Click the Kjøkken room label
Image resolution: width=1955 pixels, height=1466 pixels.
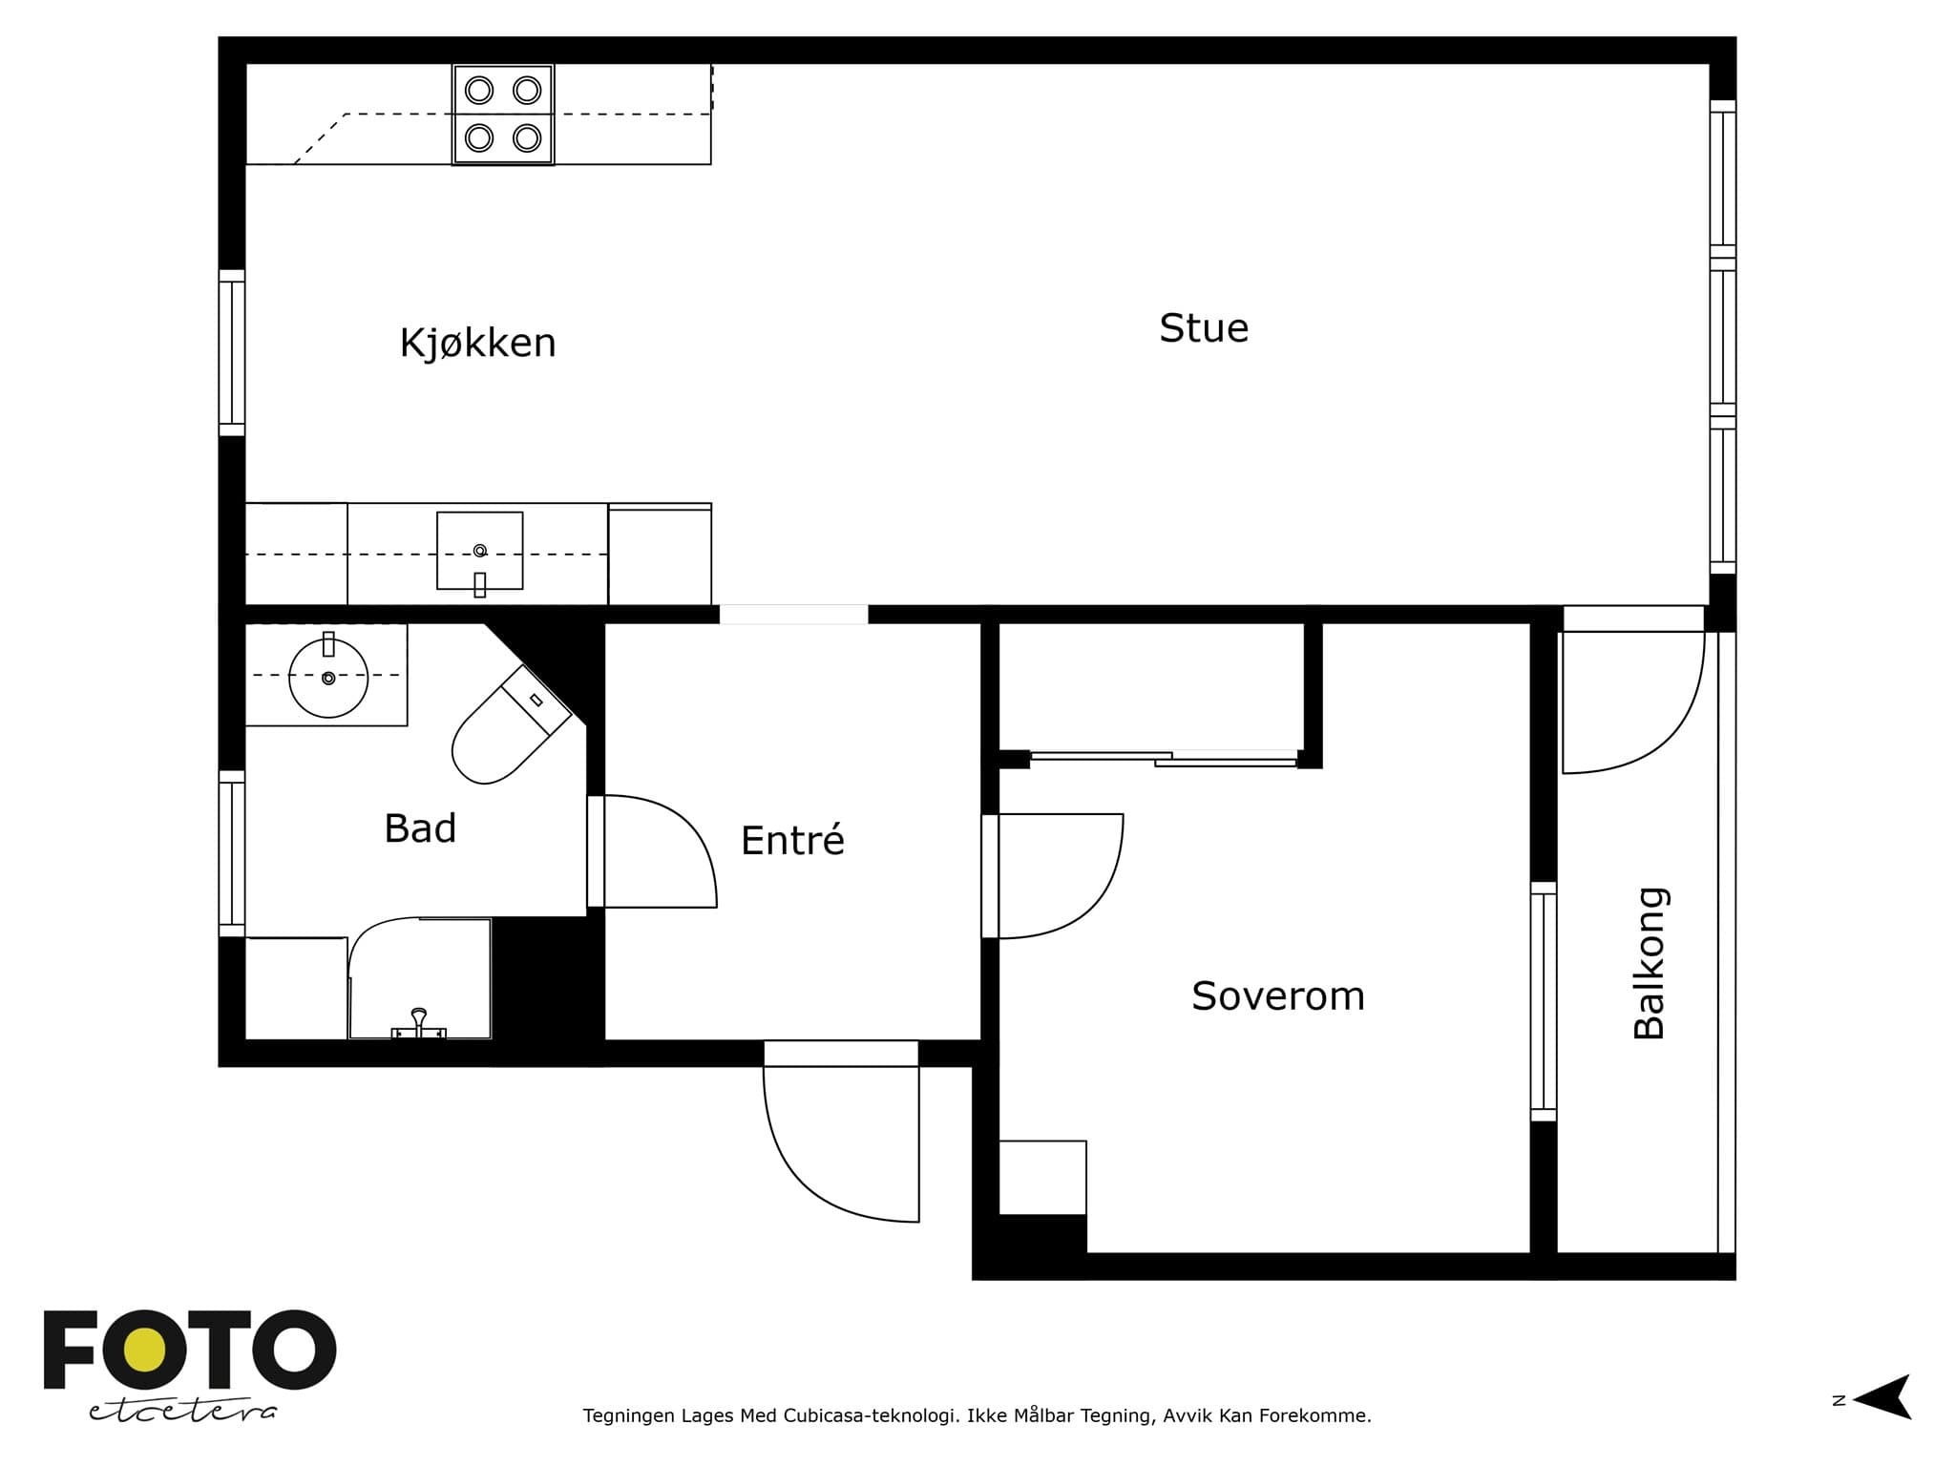tap(477, 344)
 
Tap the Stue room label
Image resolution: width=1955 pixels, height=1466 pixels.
tap(1204, 328)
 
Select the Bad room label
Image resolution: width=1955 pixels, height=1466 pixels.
tap(420, 828)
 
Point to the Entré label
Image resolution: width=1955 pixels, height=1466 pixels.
tap(792, 840)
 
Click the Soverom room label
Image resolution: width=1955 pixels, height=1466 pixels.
tap(1278, 996)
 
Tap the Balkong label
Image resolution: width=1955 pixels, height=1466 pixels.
tap(1650, 963)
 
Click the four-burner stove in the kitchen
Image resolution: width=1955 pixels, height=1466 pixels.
tap(503, 115)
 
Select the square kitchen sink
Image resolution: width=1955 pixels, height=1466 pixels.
tap(480, 552)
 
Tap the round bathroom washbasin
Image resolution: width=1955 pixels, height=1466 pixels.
tap(328, 678)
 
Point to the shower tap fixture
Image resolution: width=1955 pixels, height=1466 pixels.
tap(419, 1024)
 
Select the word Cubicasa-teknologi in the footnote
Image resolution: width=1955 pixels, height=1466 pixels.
tap(872, 1415)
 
